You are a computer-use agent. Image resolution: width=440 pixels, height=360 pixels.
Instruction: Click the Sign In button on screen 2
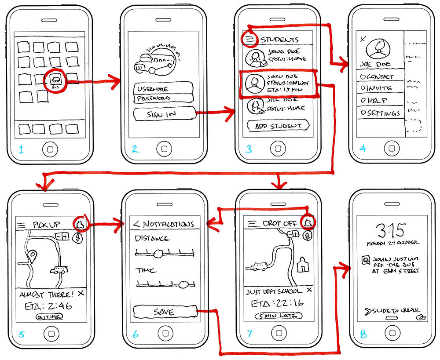(164, 115)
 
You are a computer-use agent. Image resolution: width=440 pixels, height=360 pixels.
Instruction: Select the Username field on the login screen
(161, 88)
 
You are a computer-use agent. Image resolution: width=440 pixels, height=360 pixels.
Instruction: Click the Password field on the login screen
(161, 98)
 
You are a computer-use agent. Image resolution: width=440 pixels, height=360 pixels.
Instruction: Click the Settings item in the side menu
(380, 113)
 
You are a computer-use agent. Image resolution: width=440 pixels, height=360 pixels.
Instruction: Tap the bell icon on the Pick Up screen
(81, 224)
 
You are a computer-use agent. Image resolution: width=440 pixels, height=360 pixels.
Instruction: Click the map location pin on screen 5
(32, 255)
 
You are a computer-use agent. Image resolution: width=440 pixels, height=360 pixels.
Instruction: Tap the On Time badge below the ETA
(49, 316)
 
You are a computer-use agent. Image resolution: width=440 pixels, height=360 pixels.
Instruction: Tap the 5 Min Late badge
(278, 316)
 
